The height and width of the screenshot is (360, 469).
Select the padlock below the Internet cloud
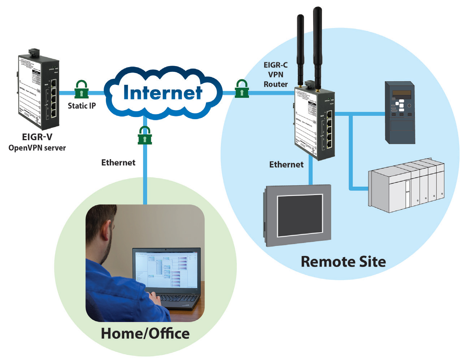click(145, 135)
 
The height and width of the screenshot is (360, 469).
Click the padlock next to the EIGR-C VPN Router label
click(241, 89)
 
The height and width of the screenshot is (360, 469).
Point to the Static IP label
click(82, 106)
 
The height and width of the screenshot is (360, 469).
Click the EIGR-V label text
click(37, 137)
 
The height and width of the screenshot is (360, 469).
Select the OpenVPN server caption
click(37, 148)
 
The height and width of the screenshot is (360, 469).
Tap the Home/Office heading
click(145, 333)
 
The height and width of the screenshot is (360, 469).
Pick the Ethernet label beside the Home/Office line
click(118, 163)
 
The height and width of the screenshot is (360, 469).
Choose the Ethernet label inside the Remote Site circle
click(286, 165)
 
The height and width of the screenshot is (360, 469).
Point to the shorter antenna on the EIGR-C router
click(300, 51)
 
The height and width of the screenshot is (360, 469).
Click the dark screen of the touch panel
click(300, 215)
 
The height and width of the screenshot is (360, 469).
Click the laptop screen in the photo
click(166, 269)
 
